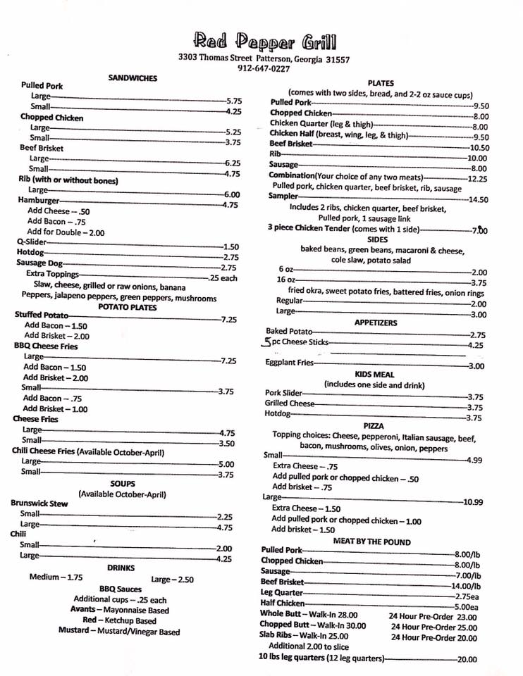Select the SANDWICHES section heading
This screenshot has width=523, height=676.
(x=133, y=78)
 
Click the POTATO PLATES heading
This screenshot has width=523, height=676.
(x=128, y=307)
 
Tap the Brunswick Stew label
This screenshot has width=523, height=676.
(x=39, y=503)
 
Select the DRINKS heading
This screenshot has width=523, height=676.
(x=121, y=567)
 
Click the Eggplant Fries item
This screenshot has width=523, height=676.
(x=289, y=363)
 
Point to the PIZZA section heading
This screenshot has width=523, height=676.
(x=374, y=426)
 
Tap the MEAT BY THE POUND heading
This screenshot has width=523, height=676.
(x=371, y=542)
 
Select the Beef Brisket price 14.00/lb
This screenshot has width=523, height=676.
(x=466, y=586)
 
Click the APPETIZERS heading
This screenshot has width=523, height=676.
(x=375, y=323)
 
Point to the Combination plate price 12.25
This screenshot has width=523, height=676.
(x=477, y=179)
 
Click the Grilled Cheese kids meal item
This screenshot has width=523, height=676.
(x=290, y=403)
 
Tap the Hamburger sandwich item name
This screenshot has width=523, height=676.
(x=39, y=200)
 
